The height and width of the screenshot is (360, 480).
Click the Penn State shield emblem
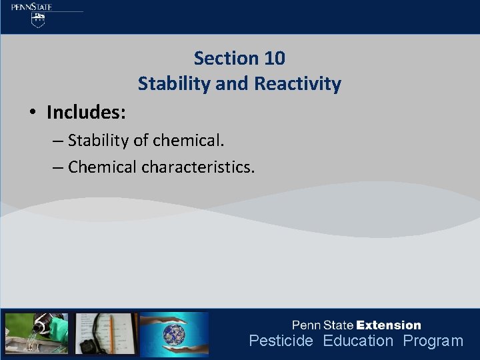pos(39,20)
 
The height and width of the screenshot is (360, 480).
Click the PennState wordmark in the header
pos(31,7)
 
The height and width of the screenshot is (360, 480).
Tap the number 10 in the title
pos(274,59)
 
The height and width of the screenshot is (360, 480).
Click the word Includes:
pos(86,112)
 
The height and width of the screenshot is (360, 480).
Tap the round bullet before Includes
pos(33,113)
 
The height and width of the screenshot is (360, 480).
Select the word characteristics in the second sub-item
pos(198,167)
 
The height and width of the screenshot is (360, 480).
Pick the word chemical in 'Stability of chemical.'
pos(185,141)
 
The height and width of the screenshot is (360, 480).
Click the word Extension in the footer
pos(389,325)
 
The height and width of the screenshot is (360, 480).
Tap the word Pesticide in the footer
pos(281,341)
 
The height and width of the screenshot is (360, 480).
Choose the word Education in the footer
pos(358,341)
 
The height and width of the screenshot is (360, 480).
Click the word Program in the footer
pos(433,341)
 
